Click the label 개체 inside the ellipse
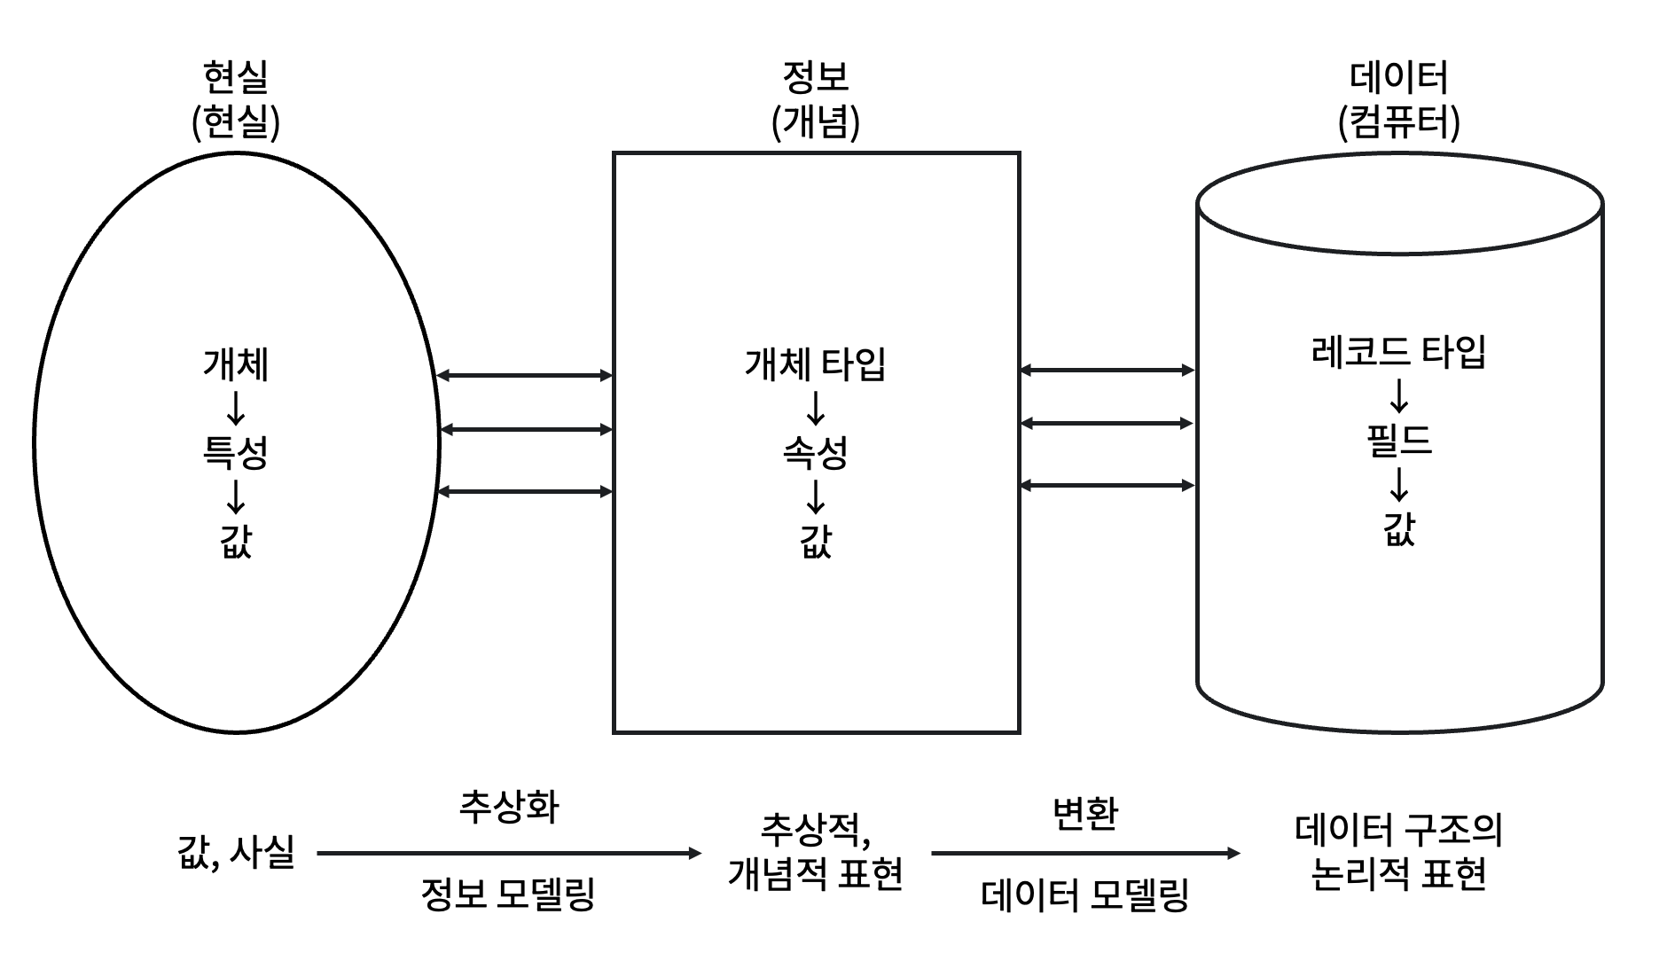tap(236, 364)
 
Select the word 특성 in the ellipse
tap(236, 452)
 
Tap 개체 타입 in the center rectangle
tap(815, 364)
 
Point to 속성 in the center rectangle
tap(815, 452)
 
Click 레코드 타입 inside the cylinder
tap(1398, 352)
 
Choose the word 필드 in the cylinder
tap(1398, 441)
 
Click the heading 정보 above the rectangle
tap(815, 76)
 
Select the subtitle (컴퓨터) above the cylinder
tap(1398, 122)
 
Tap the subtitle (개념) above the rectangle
tap(815, 122)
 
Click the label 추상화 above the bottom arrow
tap(509, 807)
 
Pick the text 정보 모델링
tap(509, 894)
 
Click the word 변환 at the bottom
tap(1084, 812)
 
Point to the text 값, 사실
tap(236, 853)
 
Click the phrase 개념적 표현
tap(815, 874)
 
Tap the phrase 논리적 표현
tap(1398, 874)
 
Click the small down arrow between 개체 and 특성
tap(236, 408)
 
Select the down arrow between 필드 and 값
tap(1398, 484)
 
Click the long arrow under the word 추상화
tap(509, 854)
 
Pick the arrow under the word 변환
tap(1084, 854)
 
